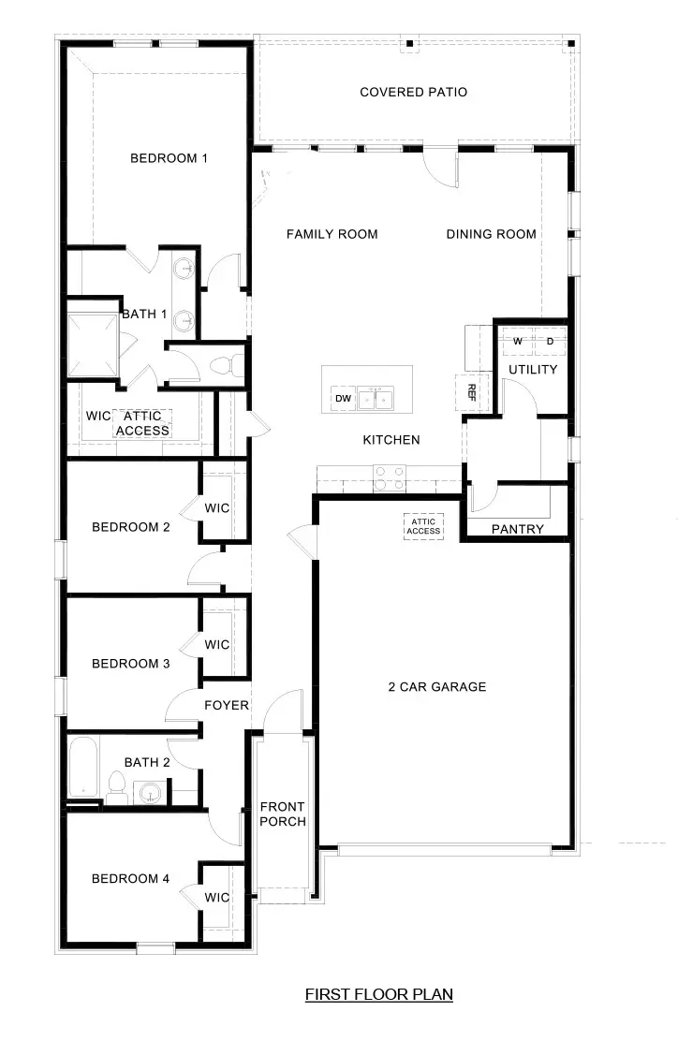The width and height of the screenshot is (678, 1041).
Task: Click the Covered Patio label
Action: click(x=413, y=92)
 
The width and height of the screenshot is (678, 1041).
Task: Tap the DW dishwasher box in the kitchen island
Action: click(x=343, y=400)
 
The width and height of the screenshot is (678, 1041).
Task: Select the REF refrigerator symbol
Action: click(x=471, y=389)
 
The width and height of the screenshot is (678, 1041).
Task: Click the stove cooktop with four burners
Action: click(x=388, y=478)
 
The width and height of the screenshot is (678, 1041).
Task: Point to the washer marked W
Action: click(x=516, y=342)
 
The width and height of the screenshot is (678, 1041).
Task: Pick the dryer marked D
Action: click(x=550, y=342)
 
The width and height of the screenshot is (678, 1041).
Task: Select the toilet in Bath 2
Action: click(x=116, y=788)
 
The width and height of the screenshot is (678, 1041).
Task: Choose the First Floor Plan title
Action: click(x=379, y=994)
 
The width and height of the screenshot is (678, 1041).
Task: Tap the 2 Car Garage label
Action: click(x=437, y=686)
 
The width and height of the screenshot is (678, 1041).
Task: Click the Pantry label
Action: click(x=517, y=529)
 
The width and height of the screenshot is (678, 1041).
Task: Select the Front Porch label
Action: click(x=283, y=814)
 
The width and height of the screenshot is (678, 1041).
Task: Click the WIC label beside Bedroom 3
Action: click(x=217, y=645)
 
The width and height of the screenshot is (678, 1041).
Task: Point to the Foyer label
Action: click(x=227, y=705)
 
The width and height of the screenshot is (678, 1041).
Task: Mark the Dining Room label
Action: click(x=491, y=234)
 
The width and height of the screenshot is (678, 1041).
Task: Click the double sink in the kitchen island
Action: click(x=375, y=400)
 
